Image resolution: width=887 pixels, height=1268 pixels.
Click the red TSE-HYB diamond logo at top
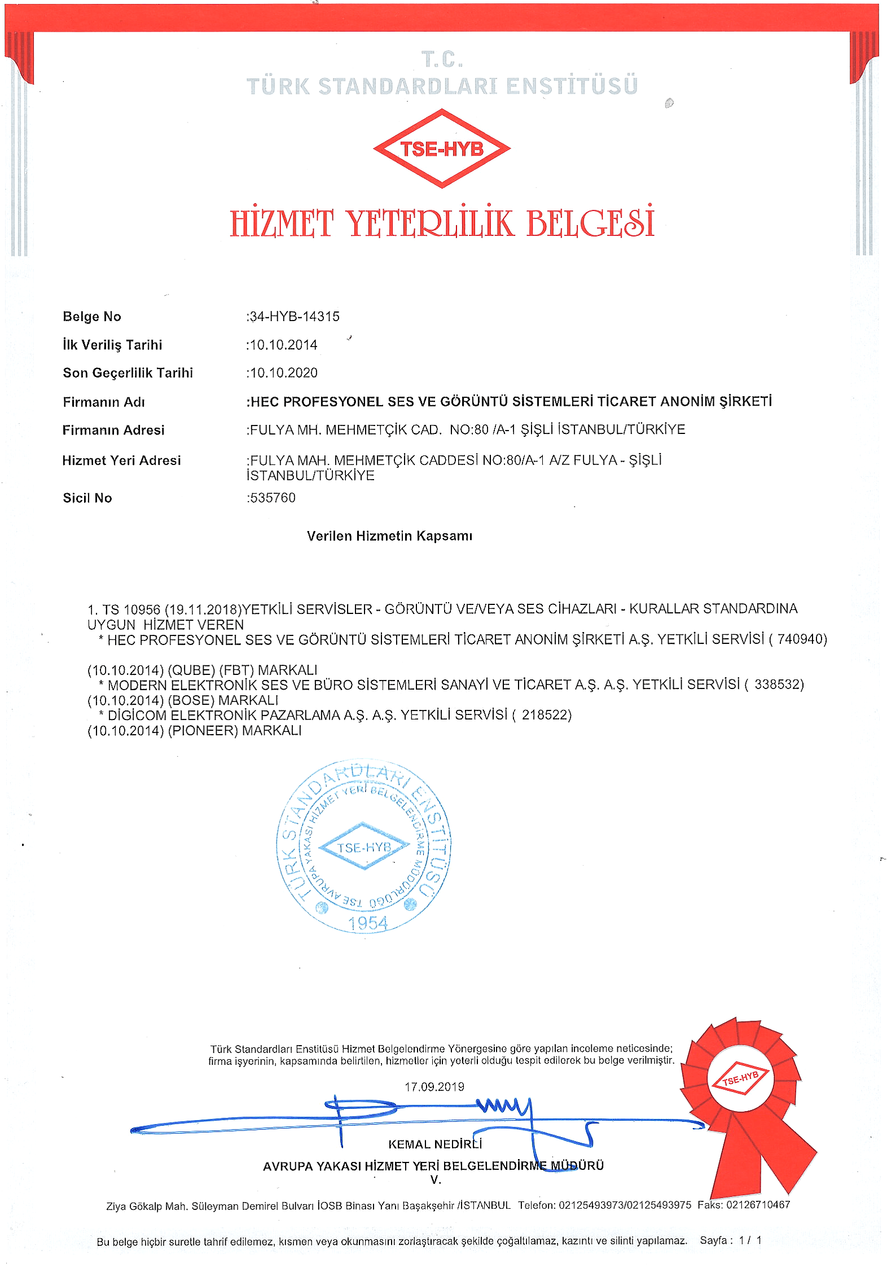(x=442, y=148)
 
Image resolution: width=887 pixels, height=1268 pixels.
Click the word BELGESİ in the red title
(x=590, y=223)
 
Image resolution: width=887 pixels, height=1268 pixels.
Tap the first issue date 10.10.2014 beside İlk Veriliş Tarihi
(x=283, y=345)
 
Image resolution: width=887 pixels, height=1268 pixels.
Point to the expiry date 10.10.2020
(x=283, y=373)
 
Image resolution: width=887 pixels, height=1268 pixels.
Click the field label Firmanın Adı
(x=104, y=402)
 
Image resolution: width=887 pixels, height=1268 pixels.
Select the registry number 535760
(x=273, y=498)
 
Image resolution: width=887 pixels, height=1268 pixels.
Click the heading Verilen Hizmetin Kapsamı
(x=389, y=536)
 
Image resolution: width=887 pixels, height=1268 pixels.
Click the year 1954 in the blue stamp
(x=368, y=923)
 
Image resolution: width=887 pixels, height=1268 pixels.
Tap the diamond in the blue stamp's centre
(x=364, y=847)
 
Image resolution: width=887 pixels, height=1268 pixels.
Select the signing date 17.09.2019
(x=434, y=1087)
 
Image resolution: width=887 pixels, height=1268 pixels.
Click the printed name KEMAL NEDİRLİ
(x=434, y=1144)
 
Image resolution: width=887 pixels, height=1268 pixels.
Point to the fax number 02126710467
(x=758, y=1205)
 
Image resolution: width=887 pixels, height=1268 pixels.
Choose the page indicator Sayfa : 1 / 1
(x=731, y=1240)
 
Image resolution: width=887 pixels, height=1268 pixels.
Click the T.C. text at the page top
(x=442, y=59)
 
